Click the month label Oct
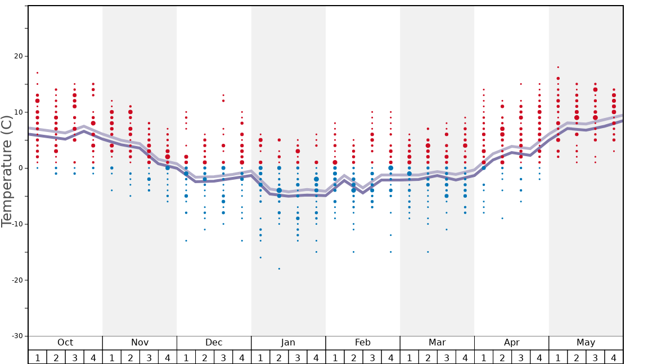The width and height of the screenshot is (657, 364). coord(65,343)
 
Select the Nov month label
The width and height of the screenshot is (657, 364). coord(139,343)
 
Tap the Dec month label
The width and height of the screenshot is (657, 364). coord(214,343)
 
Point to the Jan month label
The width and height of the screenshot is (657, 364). coord(288,343)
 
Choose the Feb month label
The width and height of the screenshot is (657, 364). coord(363,343)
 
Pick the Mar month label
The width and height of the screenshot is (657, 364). coord(437,343)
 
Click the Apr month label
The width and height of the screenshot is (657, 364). coord(511,343)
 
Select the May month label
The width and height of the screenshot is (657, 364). coord(586,343)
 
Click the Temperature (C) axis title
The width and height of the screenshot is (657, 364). coord(7,171)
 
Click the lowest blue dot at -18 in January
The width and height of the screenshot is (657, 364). coord(279,269)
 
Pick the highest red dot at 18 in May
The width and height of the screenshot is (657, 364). coord(558,67)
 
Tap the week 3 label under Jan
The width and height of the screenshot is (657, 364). coord(298,357)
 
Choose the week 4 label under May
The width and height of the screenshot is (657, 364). coord(614,357)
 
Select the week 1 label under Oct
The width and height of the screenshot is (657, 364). coord(37,357)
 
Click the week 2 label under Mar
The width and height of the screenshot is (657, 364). coord(427,357)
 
